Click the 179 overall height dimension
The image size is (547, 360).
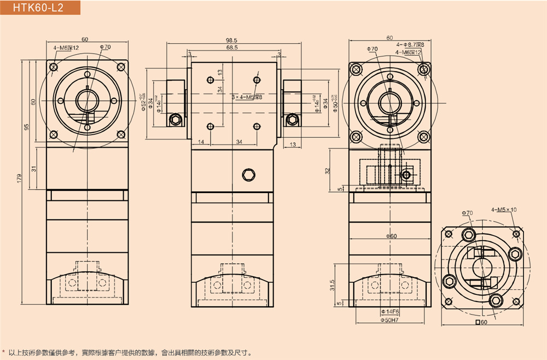[20, 178]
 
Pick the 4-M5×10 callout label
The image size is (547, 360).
[504, 209]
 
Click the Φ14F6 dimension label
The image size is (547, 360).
[389, 312]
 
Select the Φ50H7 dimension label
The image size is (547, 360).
[389, 320]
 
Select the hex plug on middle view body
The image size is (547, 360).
[249, 175]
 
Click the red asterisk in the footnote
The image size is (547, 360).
[4, 352]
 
